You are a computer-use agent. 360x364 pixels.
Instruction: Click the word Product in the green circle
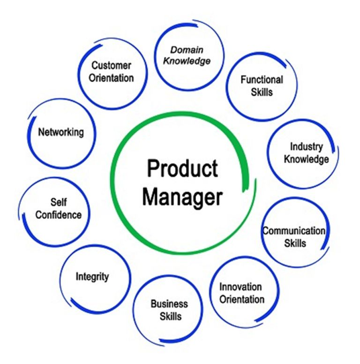point(182,168)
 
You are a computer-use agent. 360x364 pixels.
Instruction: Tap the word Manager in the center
point(182,197)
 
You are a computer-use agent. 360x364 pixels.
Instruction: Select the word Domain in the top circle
point(187,50)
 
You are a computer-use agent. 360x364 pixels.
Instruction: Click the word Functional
point(262,80)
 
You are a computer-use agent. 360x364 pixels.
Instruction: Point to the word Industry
point(307,147)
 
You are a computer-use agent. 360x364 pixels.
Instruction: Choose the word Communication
point(294,231)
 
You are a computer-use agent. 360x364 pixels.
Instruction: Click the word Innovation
point(240,287)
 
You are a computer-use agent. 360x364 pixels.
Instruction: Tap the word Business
point(169,303)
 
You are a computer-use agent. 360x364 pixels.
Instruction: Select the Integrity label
point(92,277)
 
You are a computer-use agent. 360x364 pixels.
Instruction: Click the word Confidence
point(59,215)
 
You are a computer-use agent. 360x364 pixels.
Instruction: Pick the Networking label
point(61,133)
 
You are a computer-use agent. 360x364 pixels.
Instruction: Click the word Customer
point(112,66)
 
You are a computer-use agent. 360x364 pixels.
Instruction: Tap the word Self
point(59,202)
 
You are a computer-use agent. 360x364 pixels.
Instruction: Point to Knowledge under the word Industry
point(307,159)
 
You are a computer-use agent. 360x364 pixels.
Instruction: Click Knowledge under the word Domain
point(187,61)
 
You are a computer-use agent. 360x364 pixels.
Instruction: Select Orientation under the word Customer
point(112,78)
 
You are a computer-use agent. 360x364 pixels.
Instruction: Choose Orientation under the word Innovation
point(242,299)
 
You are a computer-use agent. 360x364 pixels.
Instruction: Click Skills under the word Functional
point(262,92)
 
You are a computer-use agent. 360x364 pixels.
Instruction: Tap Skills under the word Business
point(171,316)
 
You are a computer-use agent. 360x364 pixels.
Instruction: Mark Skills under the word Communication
point(295,243)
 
